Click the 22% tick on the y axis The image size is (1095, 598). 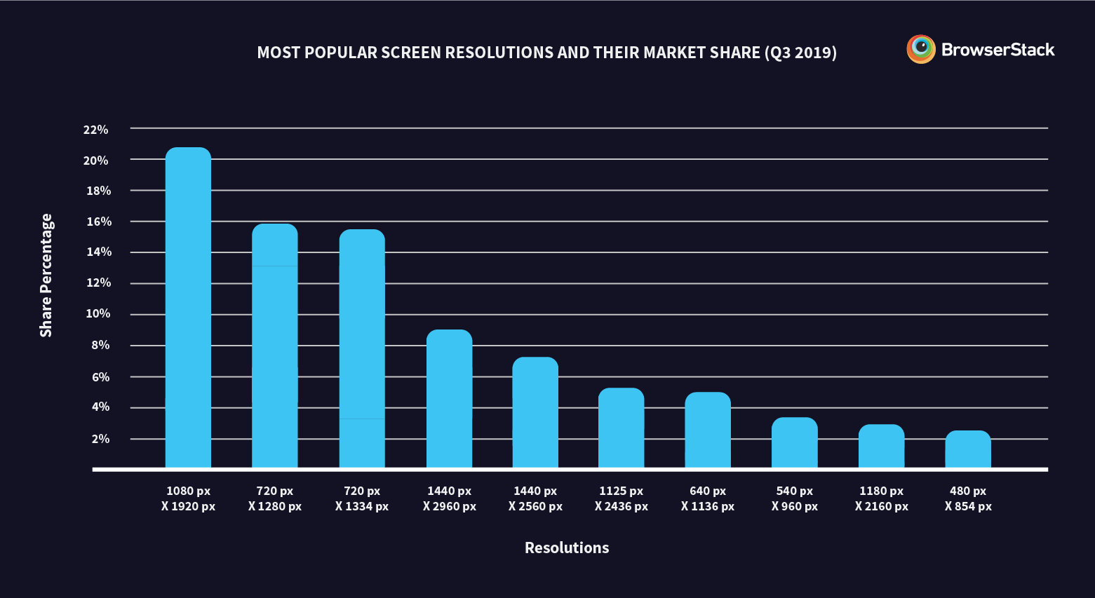(95, 130)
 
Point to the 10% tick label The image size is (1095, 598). (98, 313)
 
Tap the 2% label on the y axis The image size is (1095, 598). (100, 439)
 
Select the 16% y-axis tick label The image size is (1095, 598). (98, 222)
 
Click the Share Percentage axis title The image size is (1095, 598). (46, 276)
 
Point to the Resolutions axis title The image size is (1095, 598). (566, 548)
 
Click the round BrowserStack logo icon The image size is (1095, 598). (920, 49)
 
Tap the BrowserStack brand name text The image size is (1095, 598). (997, 50)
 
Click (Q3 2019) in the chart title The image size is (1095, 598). (800, 53)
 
